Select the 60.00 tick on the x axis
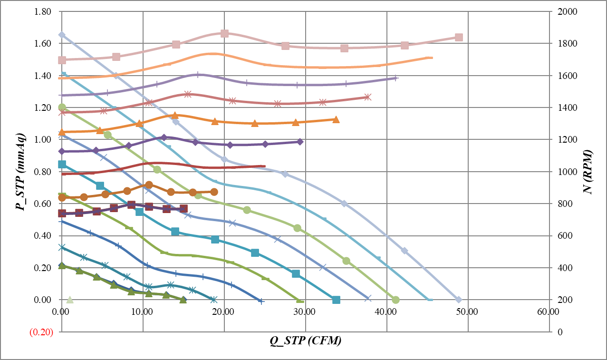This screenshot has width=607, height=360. click(547, 312)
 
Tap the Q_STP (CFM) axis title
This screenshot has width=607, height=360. click(306, 341)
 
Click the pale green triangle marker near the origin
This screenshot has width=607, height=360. click(70, 300)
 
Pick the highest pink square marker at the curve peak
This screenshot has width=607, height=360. click(225, 33)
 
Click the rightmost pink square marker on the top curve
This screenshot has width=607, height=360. click(459, 38)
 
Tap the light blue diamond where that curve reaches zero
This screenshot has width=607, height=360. click(459, 300)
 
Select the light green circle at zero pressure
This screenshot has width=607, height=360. click(395, 300)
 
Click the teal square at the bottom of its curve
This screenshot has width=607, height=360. click(336, 300)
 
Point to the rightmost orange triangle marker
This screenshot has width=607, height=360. click(336, 120)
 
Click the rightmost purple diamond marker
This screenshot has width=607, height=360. click(300, 142)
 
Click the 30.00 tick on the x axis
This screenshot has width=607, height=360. click(305, 312)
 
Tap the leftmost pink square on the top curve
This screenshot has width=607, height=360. click(62, 60)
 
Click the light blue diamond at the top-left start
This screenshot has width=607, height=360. click(62, 35)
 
